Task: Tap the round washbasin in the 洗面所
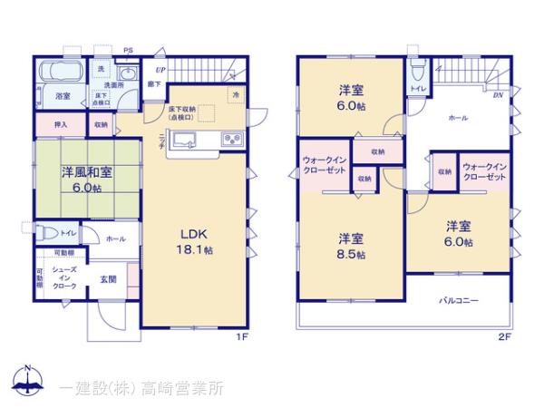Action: (126, 75)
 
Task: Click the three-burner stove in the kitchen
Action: (229, 139)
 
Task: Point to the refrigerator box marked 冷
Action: (236, 94)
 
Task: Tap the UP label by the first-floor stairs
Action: (160, 69)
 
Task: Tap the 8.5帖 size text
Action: (355, 256)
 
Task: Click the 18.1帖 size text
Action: (195, 249)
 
